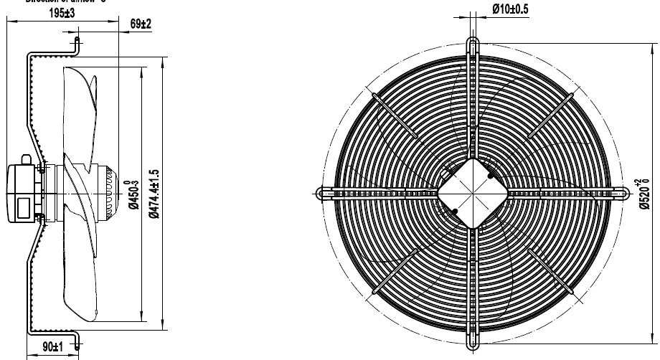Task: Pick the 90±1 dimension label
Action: [x=50, y=347]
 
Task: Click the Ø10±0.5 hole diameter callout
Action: [x=510, y=9]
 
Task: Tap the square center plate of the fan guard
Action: [x=472, y=191]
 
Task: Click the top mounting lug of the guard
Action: [x=472, y=44]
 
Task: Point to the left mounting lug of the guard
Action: [x=324, y=192]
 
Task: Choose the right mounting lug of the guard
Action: [x=621, y=192]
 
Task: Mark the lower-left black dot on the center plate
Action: [x=454, y=210]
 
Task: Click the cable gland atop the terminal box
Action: [x=26, y=159]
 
